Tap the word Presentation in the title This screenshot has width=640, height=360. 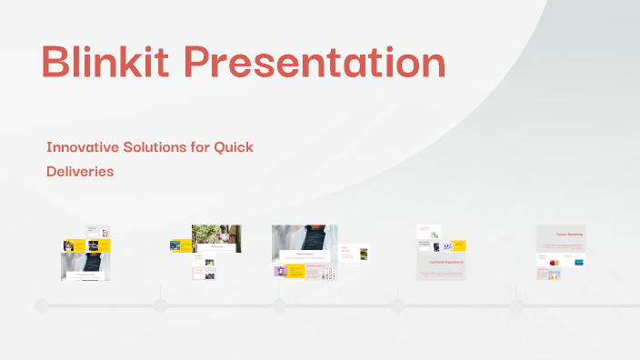point(317,64)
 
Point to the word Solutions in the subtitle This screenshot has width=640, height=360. point(155,146)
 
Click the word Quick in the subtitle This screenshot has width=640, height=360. point(233,146)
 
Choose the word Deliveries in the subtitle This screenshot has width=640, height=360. point(80,171)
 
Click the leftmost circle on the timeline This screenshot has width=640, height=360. point(42,305)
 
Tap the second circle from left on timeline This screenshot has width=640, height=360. point(161,305)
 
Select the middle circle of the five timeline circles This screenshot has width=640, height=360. point(279,305)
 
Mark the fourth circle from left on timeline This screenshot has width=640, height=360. point(397,305)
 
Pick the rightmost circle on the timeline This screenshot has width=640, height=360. point(516,305)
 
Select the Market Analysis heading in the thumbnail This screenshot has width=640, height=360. point(304,255)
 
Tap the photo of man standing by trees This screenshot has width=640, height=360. point(216,238)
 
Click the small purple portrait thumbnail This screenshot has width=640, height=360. point(279,271)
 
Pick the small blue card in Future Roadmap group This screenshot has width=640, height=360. point(578,262)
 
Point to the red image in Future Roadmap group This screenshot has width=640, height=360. point(552,272)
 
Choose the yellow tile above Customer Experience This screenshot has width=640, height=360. point(457,245)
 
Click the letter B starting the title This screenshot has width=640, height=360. point(56,64)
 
